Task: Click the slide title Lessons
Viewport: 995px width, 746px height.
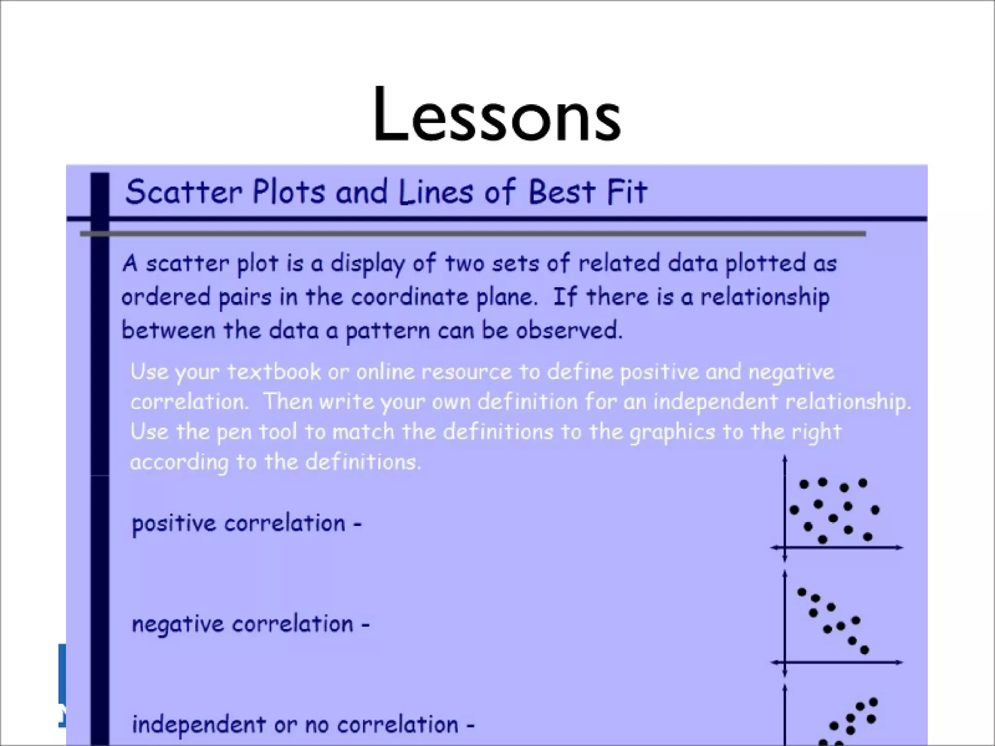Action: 497,116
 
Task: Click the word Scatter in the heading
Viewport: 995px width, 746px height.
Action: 184,192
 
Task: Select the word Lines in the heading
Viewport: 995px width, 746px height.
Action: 435,192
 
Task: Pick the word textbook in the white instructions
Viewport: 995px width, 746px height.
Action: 274,372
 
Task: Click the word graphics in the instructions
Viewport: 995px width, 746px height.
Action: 672,432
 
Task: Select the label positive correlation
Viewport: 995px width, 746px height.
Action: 246,524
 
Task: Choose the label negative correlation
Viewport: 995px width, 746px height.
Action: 250,624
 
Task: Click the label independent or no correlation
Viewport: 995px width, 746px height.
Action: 303,725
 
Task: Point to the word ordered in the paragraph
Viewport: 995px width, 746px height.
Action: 165,297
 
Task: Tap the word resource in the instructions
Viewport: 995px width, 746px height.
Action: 466,372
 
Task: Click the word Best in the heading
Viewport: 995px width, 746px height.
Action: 561,192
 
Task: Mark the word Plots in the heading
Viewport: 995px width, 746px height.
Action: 288,192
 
